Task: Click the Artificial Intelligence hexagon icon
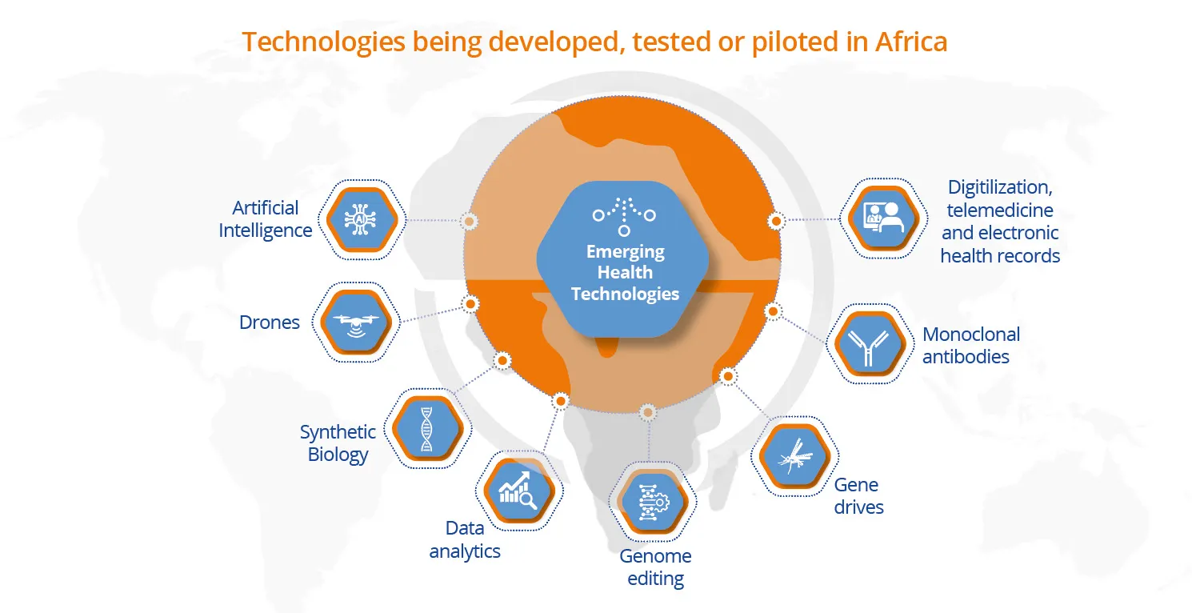pos(362,219)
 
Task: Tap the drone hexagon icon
pos(356,322)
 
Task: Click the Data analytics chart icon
pos(519,491)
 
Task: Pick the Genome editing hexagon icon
pos(653,502)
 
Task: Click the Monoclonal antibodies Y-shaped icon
pos(870,344)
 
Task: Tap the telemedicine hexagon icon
pos(884,218)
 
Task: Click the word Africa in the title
pos(911,42)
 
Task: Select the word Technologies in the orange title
pos(323,42)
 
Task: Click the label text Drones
pos(270,323)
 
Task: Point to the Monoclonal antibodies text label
pos(971,346)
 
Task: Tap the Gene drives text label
pos(858,496)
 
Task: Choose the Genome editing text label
pos(656,567)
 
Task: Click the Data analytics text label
pos(465,539)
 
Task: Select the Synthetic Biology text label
pos(338,443)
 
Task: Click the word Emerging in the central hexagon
pos(626,252)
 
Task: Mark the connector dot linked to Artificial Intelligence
pos(469,221)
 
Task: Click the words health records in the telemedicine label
pos(1000,256)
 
